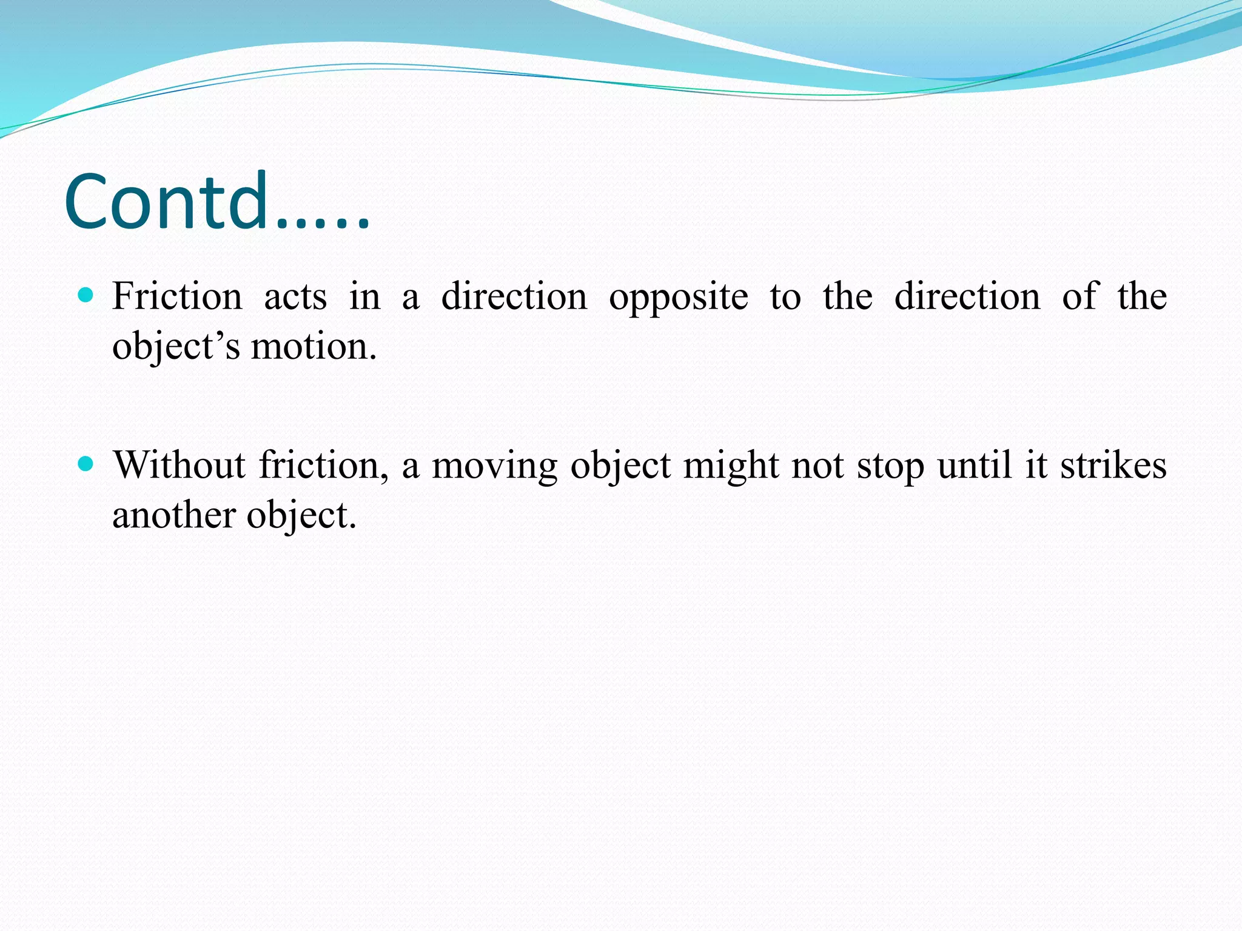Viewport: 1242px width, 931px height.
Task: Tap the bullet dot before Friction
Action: (86, 296)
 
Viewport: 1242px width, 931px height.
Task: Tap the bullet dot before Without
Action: (86, 464)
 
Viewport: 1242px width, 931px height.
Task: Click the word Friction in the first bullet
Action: (177, 297)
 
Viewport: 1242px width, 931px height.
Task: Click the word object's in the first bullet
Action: (176, 348)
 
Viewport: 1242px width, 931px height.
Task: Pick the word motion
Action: (314, 347)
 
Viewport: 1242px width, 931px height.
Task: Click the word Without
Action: (180, 465)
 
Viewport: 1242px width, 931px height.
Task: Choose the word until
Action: (975, 465)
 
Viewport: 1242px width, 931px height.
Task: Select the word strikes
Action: (1113, 465)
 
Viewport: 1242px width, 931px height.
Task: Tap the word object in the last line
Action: (301, 517)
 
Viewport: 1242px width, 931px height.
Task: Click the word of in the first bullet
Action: (1079, 297)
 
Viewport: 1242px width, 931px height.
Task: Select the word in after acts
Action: (364, 297)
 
